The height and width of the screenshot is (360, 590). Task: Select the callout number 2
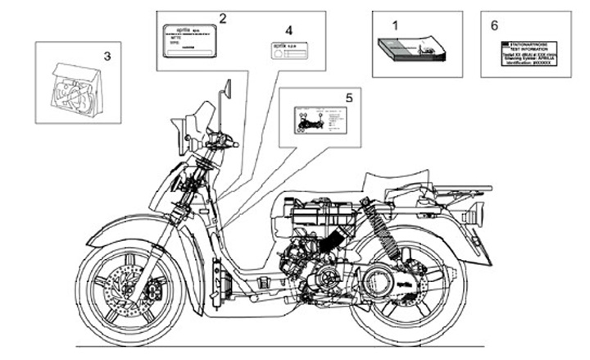[x=223, y=17]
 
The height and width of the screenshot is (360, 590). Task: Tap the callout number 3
[x=106, y=56]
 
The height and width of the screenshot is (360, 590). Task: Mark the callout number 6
[x=493, y=25]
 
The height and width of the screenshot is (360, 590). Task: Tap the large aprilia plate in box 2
[x=188, y=39]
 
